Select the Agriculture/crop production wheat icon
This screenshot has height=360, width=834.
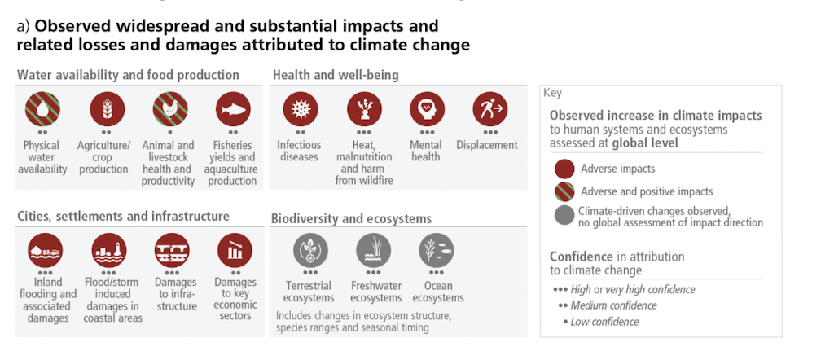tap(103, 110)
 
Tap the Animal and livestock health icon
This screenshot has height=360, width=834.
tap(169, 110)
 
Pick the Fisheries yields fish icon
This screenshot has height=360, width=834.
tap(233, 110)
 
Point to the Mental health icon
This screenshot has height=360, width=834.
tap(425, 110)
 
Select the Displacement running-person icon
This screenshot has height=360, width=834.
tap(489, 110)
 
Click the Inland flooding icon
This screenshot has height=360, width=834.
tap(46, 251)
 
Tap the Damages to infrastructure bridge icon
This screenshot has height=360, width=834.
tap(172, 251)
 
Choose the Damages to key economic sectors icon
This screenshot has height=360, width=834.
tap(235, 251)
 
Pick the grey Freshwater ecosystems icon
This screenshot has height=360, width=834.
tap(373, 250)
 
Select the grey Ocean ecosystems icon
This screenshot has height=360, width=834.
tap(437, 250)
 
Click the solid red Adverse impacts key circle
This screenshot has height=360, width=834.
tap(564, 169)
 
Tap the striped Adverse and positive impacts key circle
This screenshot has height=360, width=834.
tap(564, 192)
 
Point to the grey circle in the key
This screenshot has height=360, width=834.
tap(564, 216)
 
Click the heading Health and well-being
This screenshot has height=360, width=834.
tap(336, 75)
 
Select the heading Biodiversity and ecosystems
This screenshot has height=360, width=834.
tap(352, 218)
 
